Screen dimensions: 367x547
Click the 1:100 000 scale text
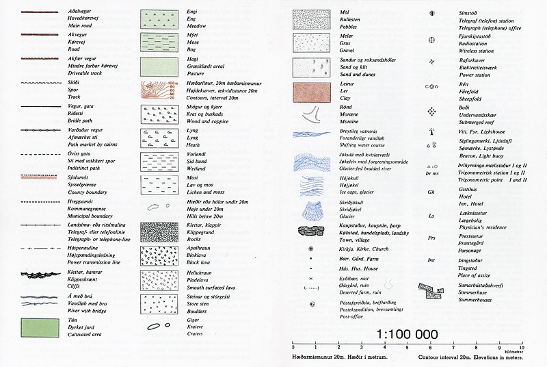pos(407,335)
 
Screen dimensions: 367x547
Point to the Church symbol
pos(311,249)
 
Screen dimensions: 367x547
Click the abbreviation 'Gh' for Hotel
pos(431,192)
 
